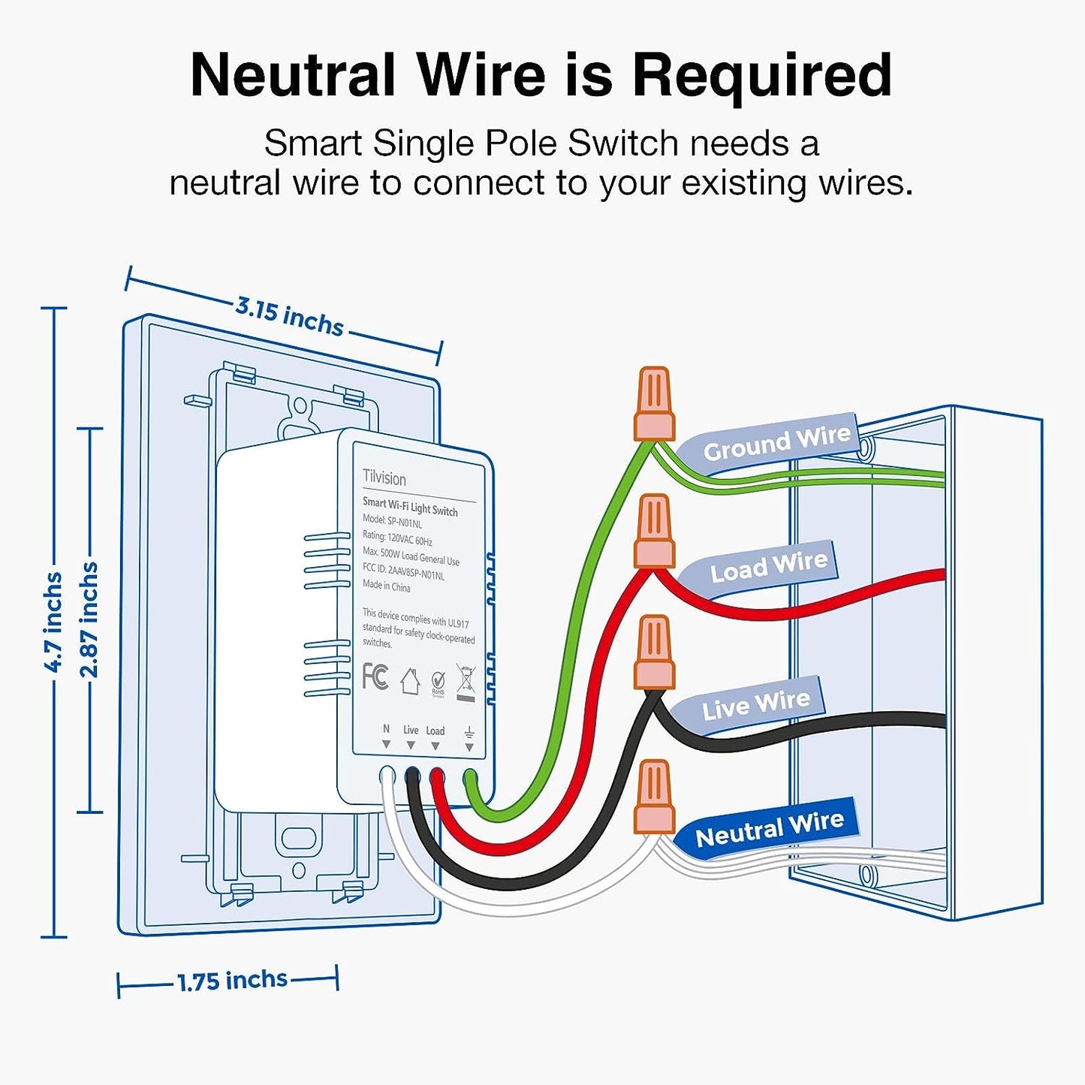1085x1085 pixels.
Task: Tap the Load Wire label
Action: [769, 568]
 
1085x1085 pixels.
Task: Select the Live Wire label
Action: [755, 705]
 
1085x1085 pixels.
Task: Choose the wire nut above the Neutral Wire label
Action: [654, 797]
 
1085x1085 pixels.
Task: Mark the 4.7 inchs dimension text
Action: [53, 622]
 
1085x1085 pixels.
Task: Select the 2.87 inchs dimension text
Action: [89, 620]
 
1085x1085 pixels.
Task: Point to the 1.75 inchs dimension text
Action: [232, 981]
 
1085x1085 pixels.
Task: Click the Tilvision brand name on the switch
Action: [384, 478]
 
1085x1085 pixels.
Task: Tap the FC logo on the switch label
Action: [375, 676]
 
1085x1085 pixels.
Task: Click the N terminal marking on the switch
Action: [386, 729]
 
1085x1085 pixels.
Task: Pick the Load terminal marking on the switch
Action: [436, 731]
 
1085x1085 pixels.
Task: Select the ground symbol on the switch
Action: [469, 732]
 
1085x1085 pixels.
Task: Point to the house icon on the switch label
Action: [409, 681]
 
